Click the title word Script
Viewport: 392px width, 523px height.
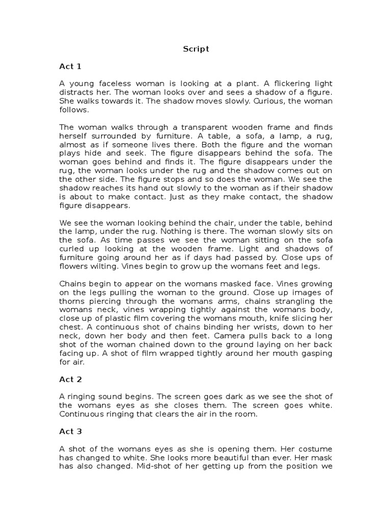(x=195, y=50)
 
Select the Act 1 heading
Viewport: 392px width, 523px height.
(x=70, y=66)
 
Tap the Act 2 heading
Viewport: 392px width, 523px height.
(x=70, y=379)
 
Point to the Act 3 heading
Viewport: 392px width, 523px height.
(x=70, y=432)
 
